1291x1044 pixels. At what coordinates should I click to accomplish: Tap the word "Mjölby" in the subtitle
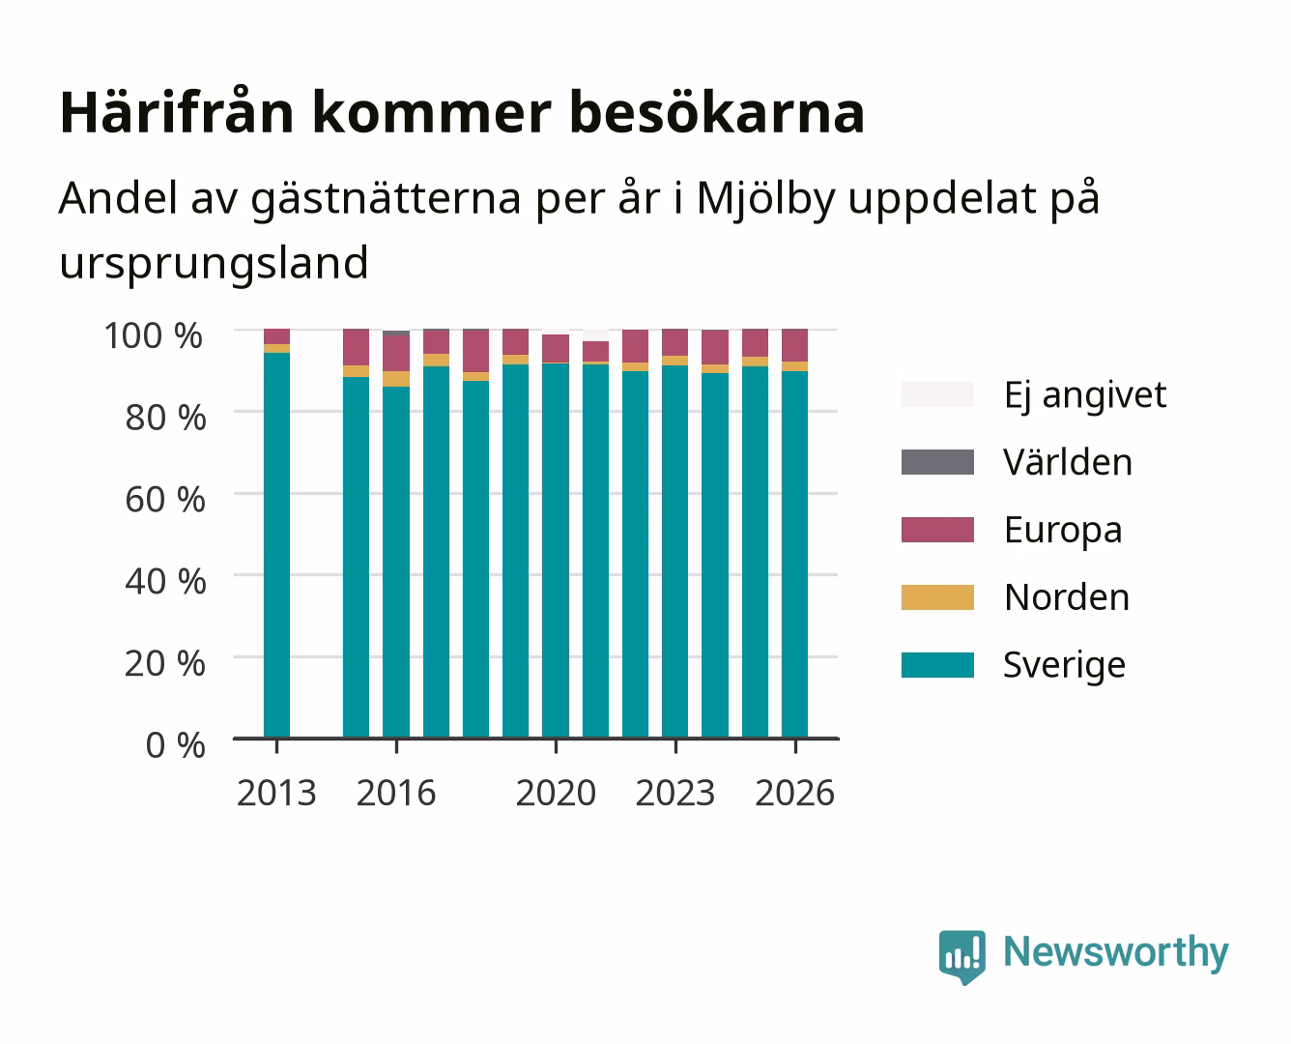tap(765, 199)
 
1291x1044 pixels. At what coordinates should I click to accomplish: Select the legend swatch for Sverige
tap(937, 664)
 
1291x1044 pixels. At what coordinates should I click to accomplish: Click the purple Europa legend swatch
tap(937, 530)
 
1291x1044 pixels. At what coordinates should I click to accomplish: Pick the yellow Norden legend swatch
tap(937, 597)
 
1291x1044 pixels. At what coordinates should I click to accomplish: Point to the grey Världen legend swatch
tap(937, 462)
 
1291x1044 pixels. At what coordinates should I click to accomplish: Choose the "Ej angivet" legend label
tap(1085, 396)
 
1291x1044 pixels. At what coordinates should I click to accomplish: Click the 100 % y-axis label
tap(154, 335)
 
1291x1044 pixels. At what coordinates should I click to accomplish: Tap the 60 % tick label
tap(165, 500)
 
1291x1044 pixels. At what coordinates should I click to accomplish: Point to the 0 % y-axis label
tap(175, 745)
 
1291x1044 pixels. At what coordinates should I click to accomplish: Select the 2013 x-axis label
tap(276, 793)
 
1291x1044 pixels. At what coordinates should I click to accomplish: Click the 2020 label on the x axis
tap(556, 793)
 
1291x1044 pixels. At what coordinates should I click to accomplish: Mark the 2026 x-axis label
tap(794, 793)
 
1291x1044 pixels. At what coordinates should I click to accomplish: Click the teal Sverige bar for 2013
tap(276, 545)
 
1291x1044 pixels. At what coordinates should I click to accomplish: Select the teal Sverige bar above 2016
tap(396, 562)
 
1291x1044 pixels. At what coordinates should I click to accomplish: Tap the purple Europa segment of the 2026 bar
tap(794, 345)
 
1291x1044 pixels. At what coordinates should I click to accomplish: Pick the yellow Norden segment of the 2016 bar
tap(396, 379)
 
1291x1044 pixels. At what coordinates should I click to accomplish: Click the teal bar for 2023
tap(674, 552)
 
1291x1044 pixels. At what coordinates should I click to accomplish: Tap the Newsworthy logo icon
tap(961, 957)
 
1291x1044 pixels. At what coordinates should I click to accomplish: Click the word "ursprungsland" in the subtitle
tap(214, 264)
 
